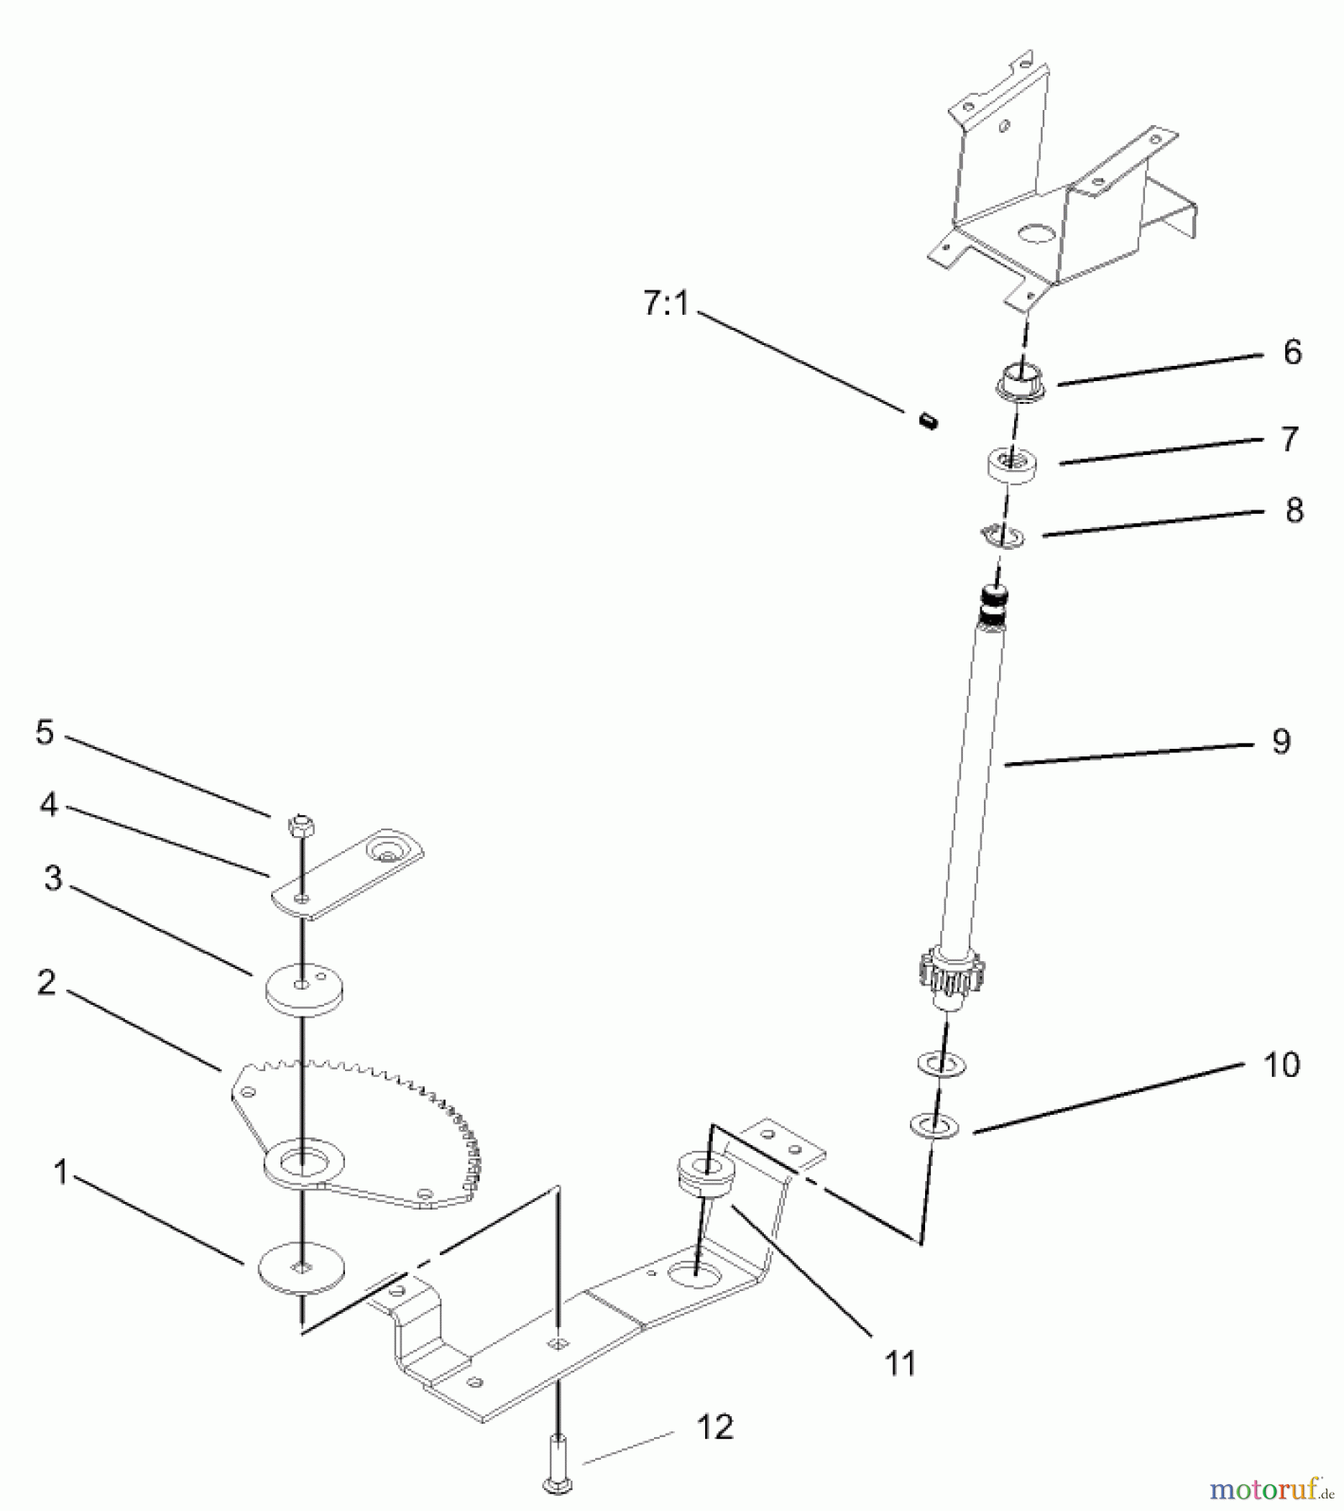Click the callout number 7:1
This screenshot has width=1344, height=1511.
click(x=666, y=304)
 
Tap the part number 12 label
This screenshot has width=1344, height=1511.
click(x=715, y=1426)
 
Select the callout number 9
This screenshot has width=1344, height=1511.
click(x=1281, y=741)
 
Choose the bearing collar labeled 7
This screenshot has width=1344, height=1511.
click(x=1013, y=465)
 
